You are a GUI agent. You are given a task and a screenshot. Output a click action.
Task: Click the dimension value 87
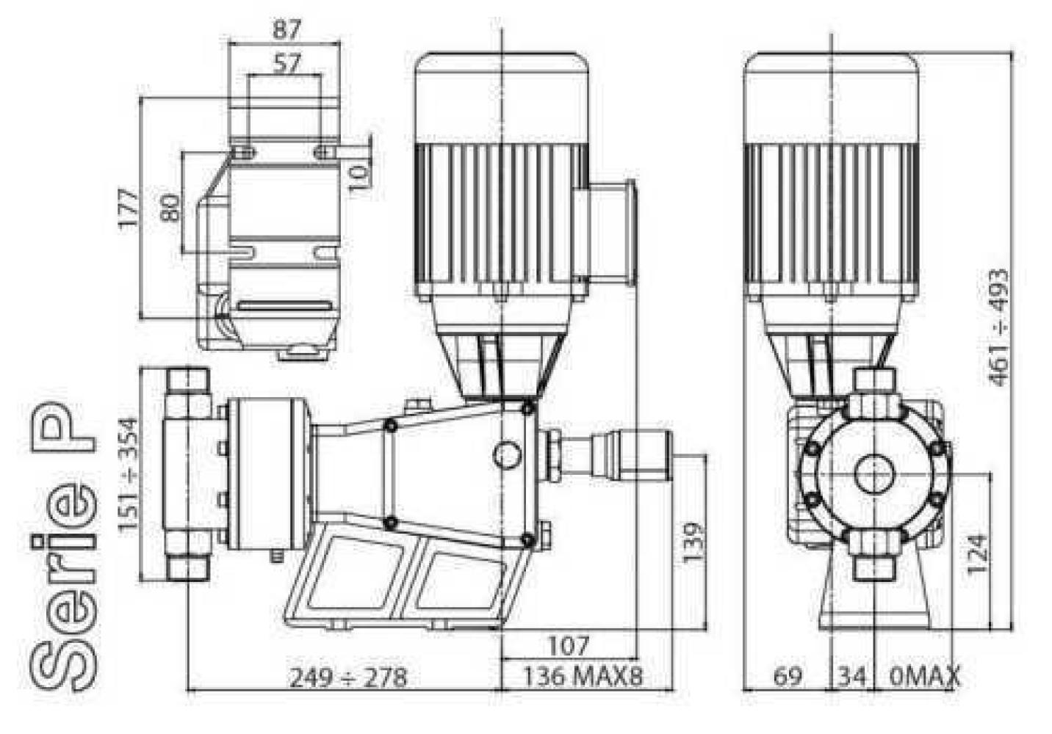pyautogui.click(x=287, y=30)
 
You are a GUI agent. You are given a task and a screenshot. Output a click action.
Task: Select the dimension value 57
pyautogui.click(x=287, y=63)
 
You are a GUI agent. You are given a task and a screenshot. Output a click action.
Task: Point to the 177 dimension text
pyautogui.click(x=129, y=208)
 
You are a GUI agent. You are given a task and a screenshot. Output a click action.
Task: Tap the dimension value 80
pyautogui.click(x=170, y=208)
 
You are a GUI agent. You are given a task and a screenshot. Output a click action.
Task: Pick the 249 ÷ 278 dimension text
pyautogui.click(x=348, y=677)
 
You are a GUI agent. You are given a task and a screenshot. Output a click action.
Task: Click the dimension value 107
pyautogui.click(x=569, y=646)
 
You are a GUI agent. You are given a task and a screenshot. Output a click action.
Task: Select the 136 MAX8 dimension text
pyautogui.click(x=583, y=677)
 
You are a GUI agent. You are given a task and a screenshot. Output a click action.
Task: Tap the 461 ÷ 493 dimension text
pyautogui.click(x=998, y=327)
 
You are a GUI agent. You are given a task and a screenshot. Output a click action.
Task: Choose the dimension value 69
pyautogui.click(x=788, y=677)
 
